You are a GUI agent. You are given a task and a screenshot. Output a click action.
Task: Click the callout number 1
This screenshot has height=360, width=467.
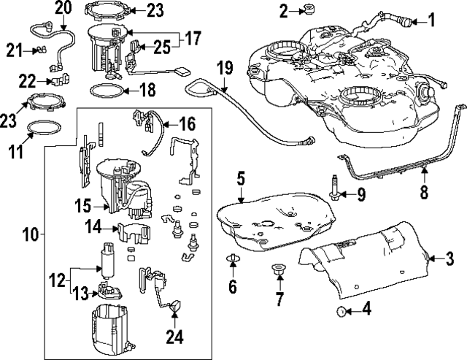tap(431, 20)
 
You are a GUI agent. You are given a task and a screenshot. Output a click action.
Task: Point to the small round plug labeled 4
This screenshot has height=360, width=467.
tap(341, 312)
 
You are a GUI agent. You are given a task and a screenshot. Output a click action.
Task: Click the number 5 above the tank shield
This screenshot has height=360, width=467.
tap(241, 177)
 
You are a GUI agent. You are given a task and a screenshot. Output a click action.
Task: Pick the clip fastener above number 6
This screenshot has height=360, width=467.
tap(233, 258)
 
